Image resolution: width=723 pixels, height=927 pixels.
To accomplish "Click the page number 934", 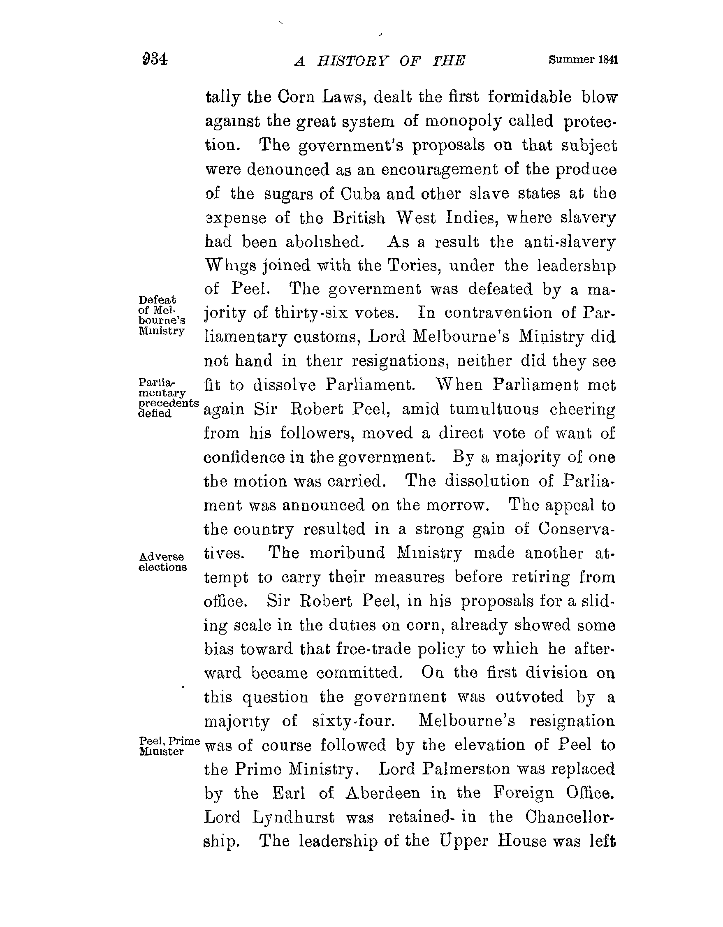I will tap(155, 59).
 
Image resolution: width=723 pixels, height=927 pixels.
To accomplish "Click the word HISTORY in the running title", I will tap(352, 62).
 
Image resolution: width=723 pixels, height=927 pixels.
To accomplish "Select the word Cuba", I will tap(360, 194).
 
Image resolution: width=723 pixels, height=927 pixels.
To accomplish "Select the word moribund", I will tap(347, 554).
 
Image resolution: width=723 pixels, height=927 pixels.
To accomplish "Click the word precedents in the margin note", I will tap(169, 402).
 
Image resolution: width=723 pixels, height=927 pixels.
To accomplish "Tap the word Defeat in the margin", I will tap(157, 300).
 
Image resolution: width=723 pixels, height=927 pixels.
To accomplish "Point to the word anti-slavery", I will tap(569, 242).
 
